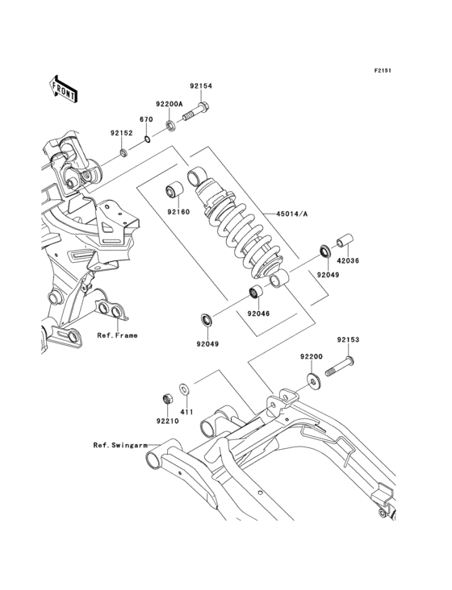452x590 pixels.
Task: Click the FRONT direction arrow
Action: (63, 89)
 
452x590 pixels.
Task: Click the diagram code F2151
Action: (383, 70)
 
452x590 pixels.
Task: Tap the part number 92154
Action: (201, 85)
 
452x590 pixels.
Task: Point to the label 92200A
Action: (169, 103)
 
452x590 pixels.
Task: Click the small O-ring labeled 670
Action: (147, 139)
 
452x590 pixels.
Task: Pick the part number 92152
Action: (122, 133)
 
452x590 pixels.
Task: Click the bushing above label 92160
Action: (174, 190)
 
